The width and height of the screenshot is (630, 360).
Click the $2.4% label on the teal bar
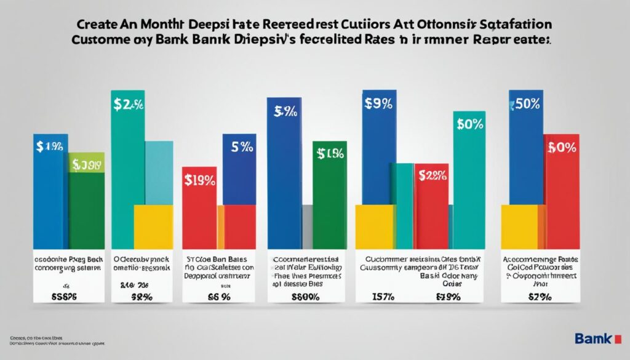click(128, 105)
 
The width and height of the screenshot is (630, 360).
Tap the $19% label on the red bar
click(199, 180)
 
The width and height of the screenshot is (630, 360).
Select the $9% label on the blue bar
click(378, 104)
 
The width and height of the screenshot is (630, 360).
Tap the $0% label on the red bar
click(560, 147)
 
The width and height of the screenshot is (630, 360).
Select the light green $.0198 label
click(87, 164)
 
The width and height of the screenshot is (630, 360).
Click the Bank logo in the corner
click(593, 338)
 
